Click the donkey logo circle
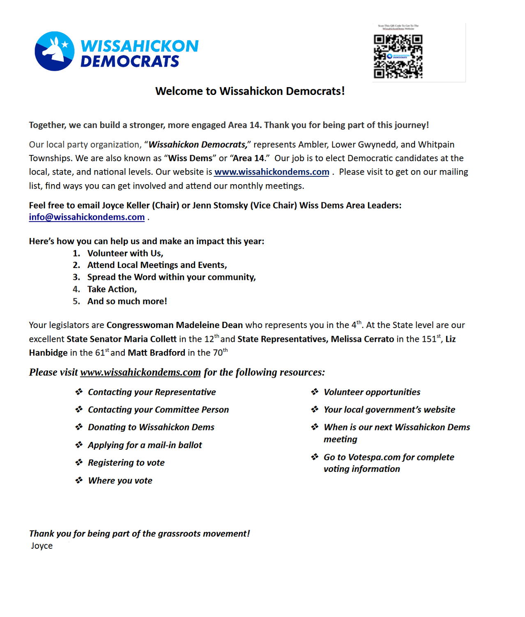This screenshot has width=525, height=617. [55, 51]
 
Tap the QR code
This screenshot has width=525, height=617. [398, 56]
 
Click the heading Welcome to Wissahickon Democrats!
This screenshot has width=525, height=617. [250, 91]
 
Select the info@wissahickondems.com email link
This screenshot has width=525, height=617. [87, 217]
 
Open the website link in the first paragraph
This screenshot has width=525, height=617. [272, 172]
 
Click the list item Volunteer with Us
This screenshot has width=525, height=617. [125, 253]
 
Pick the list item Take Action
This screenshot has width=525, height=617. [112, 289]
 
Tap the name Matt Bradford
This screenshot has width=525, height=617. [157, 353]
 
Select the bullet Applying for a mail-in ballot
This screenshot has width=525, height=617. [145, 445]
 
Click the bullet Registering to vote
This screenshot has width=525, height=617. [126, 462]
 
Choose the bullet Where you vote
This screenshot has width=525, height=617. [120, 481]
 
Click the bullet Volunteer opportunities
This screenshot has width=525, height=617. [372, 392]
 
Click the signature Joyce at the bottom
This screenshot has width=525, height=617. [42, 546]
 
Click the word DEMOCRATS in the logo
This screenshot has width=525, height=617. [130, 62]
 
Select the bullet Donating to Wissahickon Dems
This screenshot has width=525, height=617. [151, 427]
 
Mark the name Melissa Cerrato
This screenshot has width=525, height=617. [362, 339]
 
